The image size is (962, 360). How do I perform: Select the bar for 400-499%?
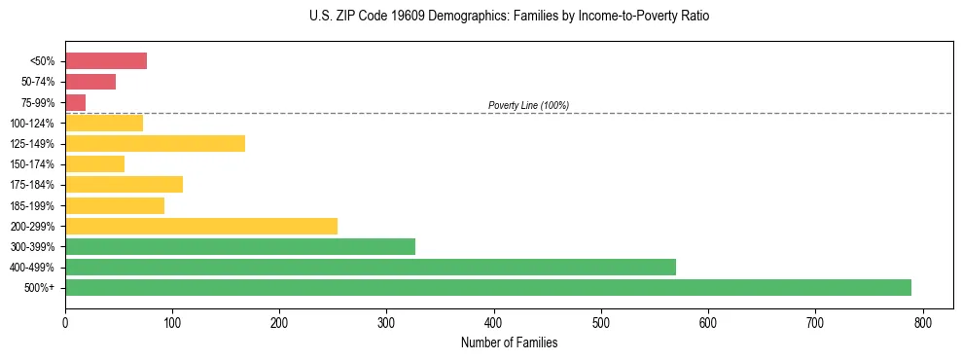(371, 267)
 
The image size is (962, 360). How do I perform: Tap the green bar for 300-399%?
(240, 246)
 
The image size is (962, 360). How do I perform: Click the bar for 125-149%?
(155, 143)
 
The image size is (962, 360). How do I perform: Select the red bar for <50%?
(106, 61)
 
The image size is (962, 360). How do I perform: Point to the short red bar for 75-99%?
(76, 102)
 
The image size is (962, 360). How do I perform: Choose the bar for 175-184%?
(124, 184)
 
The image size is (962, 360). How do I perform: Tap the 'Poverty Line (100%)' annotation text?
(528, 105)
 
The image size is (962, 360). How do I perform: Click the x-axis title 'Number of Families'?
(510, 342)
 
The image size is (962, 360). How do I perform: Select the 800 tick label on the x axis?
(922, 321)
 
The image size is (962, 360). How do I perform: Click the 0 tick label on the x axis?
(65, 321)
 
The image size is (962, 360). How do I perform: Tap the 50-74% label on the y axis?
(39, 82)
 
